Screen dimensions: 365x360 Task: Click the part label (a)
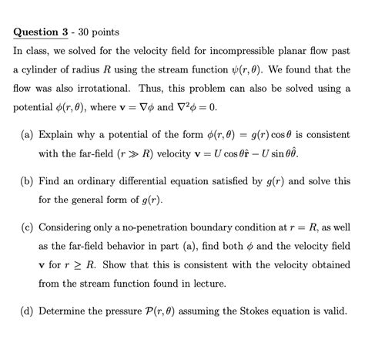pos(24,134)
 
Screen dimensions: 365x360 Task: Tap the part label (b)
pos(24,181)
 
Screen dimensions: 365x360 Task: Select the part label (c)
pos(24,228)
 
